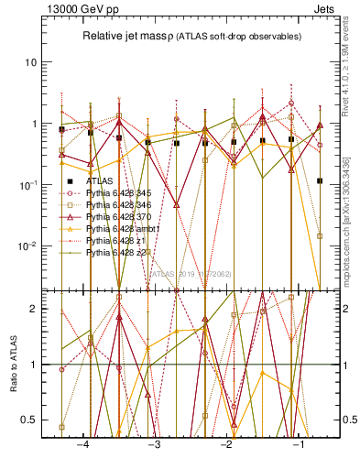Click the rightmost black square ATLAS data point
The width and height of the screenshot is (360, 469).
tap(320, 181)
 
